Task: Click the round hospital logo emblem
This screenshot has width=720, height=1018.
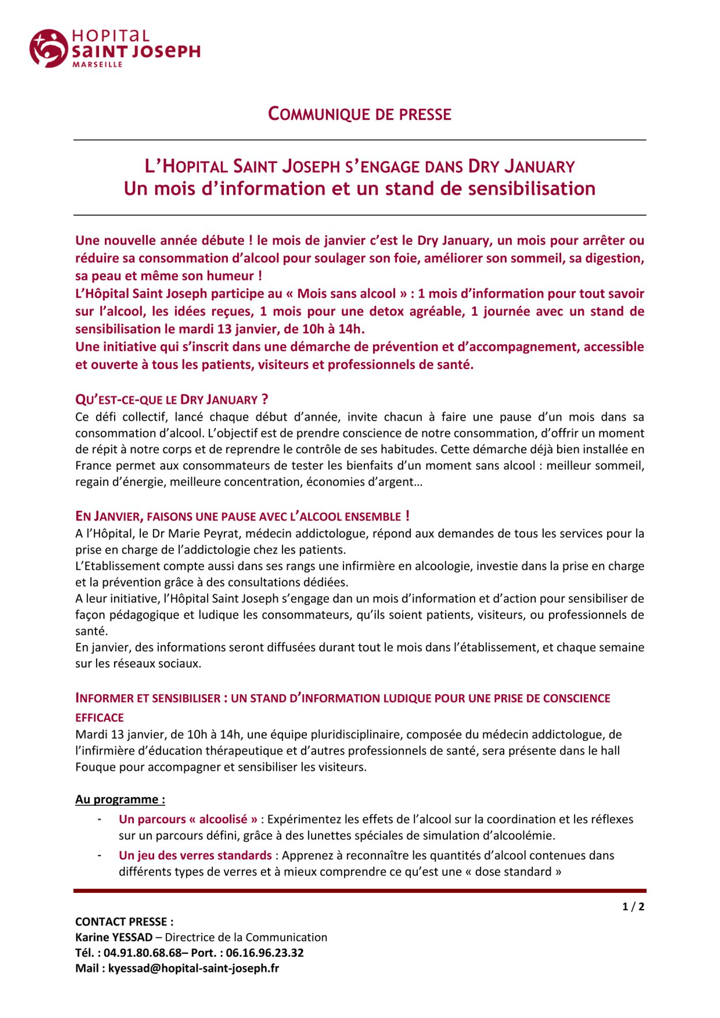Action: click(x=48, y=48)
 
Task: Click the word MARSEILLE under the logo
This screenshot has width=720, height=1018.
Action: click(x=97, y=65)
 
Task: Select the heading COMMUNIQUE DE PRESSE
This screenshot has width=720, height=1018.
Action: click(x=359, y=114)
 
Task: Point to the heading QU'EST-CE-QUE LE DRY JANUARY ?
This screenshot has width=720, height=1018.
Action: click(x=171, y=400)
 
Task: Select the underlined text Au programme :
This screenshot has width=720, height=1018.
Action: click(x=120, y=799)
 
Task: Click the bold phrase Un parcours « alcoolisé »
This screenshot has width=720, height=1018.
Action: click(x=188, y=819)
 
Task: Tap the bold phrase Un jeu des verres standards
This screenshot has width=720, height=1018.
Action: click(x=195, y=855)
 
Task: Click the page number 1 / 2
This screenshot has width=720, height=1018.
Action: click(x=633, y=907)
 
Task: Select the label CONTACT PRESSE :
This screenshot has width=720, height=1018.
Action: click(x=124, y=922)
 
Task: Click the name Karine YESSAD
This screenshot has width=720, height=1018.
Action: click(x=114, y=937)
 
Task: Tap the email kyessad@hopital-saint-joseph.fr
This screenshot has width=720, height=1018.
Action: click(x=193, y=968)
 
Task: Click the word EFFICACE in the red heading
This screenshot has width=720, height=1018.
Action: click(x=100, y=718)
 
